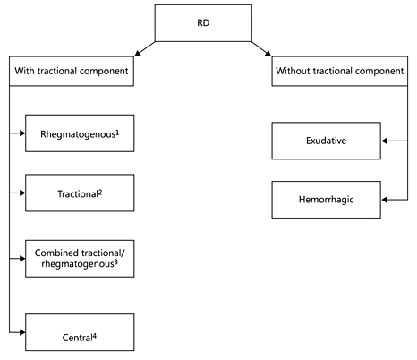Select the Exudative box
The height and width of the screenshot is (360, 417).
pyautogui.click(x=326, y=141)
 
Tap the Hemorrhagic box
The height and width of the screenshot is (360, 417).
pyautogui.click(x=326, y=201)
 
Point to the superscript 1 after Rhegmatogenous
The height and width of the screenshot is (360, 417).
pyautogui.click(x=118, y=133)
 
